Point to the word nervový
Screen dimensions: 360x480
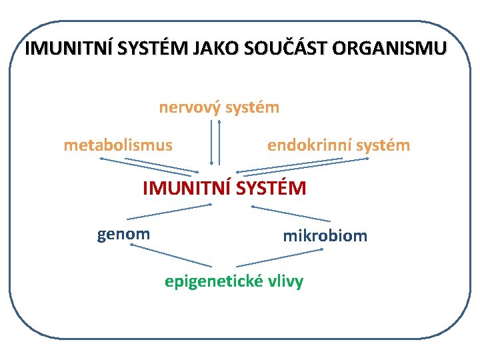click(x=189, y=107)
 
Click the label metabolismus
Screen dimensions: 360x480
click(x=118, y=145)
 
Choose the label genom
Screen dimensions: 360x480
click(x=123, y=234)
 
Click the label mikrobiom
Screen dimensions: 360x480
click(x=325, y=235)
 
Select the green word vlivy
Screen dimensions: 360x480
click(x=285, y=281)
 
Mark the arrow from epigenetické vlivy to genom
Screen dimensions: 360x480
click(x=171, y=256)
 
